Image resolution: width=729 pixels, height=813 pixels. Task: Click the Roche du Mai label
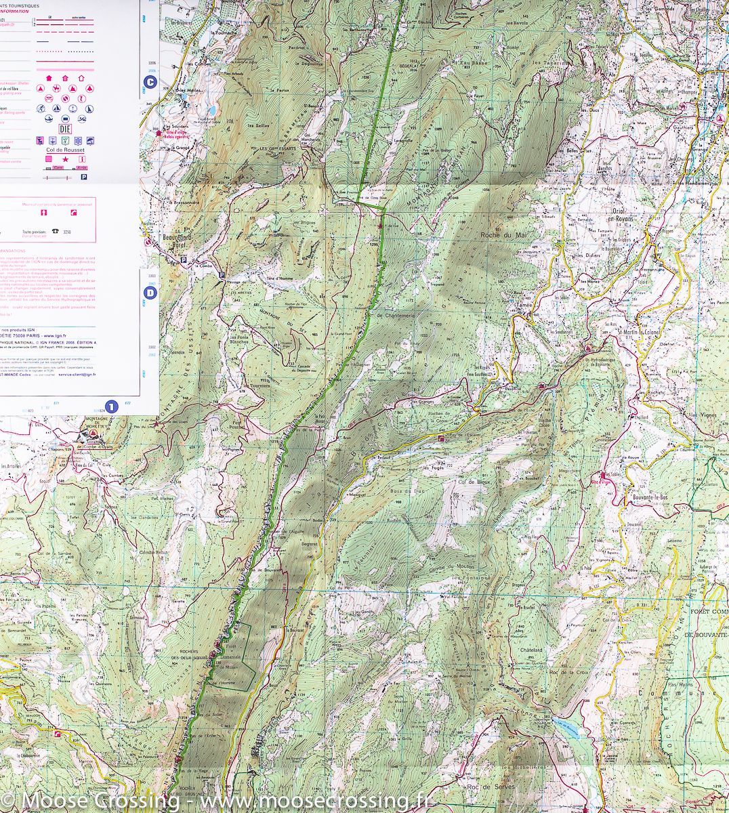point(503,234)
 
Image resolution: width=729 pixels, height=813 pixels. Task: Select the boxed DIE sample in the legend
point(65,128)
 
